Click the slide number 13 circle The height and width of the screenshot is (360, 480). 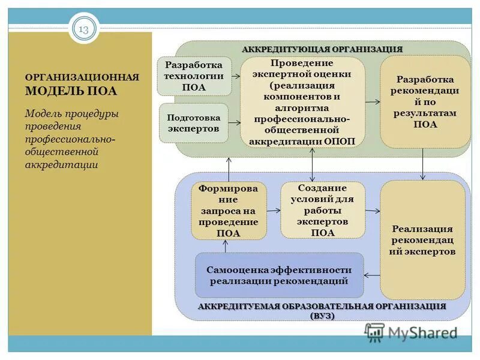83,28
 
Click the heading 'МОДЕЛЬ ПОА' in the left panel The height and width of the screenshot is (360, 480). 71,91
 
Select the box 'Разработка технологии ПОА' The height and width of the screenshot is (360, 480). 194,76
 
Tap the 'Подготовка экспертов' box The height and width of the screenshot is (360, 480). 193,123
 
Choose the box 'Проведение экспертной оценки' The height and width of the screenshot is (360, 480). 302,102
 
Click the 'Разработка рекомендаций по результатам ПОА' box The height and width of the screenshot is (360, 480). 425,102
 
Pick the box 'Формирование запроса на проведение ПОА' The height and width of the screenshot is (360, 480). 229,211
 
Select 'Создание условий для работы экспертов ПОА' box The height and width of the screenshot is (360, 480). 323,211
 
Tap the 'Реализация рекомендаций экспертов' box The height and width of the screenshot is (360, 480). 422,240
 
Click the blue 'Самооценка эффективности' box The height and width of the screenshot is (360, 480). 279,275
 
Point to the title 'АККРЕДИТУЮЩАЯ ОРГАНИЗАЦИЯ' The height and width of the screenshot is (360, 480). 322,49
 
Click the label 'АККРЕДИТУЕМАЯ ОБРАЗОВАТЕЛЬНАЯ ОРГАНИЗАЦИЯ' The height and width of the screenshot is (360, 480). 322,307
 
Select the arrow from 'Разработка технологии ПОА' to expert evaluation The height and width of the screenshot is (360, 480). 236,76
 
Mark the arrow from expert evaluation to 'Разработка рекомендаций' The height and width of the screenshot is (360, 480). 373,103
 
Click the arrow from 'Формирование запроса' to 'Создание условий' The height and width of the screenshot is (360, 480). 274,211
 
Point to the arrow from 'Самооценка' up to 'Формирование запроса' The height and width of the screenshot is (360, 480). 226,246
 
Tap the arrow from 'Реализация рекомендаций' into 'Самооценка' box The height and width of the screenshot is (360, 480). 372,275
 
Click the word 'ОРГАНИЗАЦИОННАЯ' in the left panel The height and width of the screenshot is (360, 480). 82,77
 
